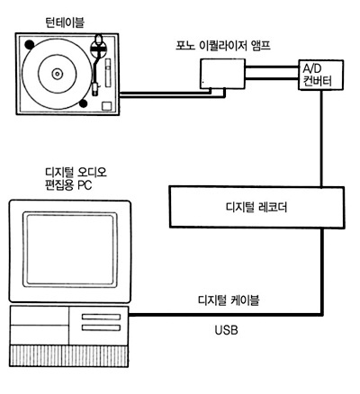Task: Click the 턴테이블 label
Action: tap(65, 22)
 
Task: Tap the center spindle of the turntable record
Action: tap(57, 74)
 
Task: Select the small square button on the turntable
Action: tap(107, 106)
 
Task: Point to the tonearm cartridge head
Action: tap(95, 89)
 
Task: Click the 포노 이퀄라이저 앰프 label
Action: tap(223, 46)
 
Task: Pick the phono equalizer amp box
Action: tap(222, 74)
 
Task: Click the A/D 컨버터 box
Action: tap(320, 75)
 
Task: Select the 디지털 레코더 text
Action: tap(256, 208)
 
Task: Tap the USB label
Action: tap(227, 330)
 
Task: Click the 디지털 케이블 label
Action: tap(229, 300)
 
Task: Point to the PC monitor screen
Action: tap(70, 249)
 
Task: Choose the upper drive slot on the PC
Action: tap(102, 317)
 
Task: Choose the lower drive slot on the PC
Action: tap(102, 327)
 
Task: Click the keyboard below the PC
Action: tap(69, 356)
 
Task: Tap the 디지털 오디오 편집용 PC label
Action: tap(76, 179)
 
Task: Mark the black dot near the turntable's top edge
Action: tap(30, 44)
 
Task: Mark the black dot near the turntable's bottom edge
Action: tap(83, 103)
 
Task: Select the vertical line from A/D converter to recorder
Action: tap(321, 139)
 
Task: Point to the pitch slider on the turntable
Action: tap(108, 73)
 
